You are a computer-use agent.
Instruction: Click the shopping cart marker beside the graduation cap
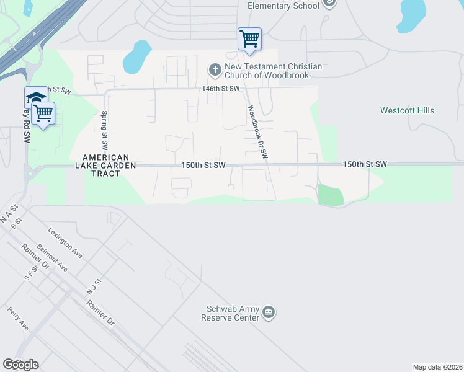tap(43, 113)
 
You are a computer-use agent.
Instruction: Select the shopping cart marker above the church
tap(249, 39)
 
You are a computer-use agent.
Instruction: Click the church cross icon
tap(215, 69)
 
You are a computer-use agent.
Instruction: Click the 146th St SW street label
tap(220, 89)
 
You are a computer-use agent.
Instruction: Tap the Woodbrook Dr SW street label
tap(257, 131)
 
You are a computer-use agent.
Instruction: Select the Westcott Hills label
tap(407, 111)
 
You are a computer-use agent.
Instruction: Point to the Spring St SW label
tap(104, 130)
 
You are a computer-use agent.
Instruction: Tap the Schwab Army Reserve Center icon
tap(269, 312)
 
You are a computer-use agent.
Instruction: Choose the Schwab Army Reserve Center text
tap(231, 313)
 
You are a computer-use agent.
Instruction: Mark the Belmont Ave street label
tap(53, 257)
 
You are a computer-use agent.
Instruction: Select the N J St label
tap(93, 287)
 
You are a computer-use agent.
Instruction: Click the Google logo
tap(20, 365)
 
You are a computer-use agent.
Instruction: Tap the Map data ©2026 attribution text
tap(437, 367)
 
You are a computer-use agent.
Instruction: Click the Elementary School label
tap(283, 6)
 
